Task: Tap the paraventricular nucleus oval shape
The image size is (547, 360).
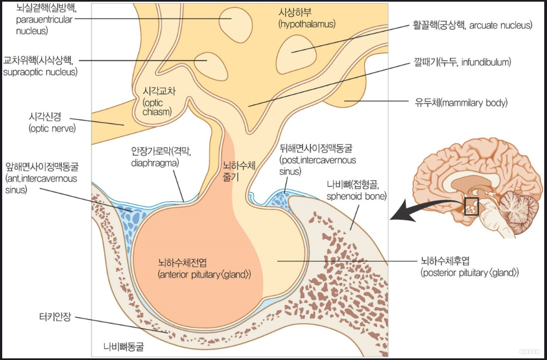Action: pyautogui.click(x=233, y=22)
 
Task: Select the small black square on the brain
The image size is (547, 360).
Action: pyautogui.click(x=472, y=206)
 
